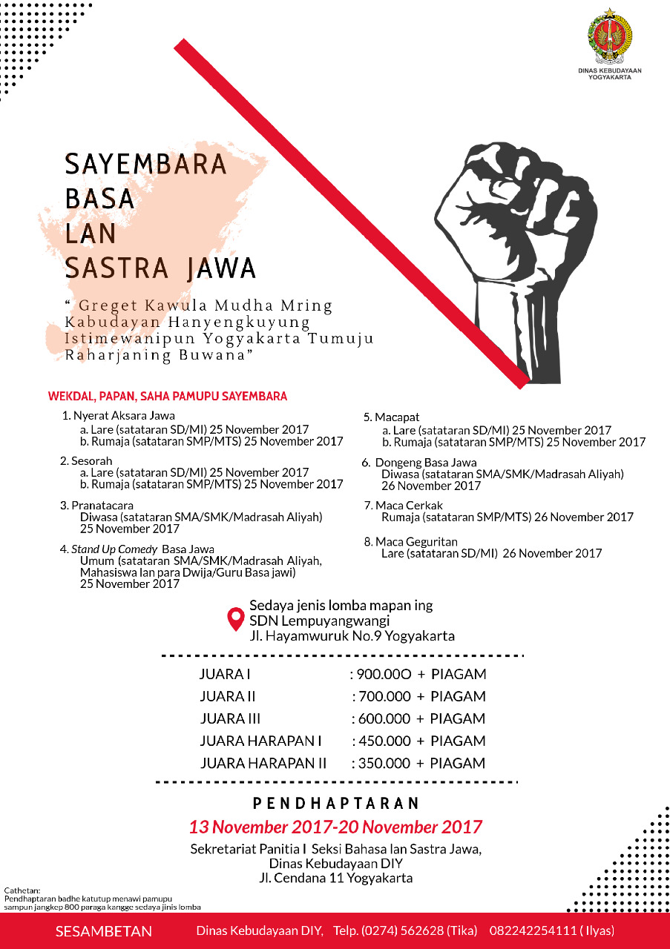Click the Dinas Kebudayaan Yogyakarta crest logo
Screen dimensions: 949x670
[609, 38]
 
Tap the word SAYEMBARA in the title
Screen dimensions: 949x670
[146, 165]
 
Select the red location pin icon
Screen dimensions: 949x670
[236, 619]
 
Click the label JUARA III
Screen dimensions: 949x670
[230, 719]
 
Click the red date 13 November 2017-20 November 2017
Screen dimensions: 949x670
[335, 827]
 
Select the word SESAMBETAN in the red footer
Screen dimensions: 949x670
[104, 932]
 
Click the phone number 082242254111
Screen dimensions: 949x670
[530, 932]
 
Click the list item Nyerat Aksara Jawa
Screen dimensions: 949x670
[123, 416]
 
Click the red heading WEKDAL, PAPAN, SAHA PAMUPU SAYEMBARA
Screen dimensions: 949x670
[167, 397]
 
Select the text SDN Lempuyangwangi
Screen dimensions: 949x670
[319, 621]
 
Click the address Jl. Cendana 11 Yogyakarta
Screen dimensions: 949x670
[335, 879]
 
